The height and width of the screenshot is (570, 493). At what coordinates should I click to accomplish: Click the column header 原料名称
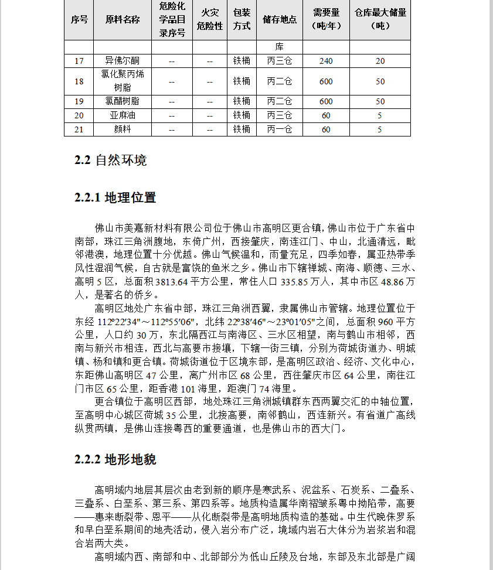[123, 19]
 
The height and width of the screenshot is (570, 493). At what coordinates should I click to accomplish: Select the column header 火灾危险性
[210, 19]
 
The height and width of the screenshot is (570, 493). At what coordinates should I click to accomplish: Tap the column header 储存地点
[280, 19]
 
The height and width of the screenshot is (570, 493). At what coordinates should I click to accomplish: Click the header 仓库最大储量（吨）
[380, 19]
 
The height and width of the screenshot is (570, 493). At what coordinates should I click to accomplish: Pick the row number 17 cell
[79, 61]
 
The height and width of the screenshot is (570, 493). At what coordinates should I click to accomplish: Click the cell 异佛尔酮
[123, 61]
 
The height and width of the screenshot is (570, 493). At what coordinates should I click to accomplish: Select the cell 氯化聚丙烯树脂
[123, 81]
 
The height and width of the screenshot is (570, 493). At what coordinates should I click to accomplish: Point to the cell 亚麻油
[123, 115]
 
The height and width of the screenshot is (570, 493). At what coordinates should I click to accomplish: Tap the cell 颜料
[123, 129]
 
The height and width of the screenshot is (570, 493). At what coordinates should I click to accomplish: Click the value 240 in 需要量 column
[326, 61]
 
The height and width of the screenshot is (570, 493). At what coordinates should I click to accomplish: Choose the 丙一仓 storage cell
[280, 129]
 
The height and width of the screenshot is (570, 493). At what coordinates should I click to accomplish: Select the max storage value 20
[380, 61]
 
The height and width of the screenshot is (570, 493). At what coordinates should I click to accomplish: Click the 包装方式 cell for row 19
[242, 101]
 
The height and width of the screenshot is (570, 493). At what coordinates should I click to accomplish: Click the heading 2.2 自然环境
[111, 160]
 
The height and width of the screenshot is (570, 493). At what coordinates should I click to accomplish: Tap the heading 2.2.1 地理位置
[115, 197]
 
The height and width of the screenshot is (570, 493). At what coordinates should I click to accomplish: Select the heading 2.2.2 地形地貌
[115, 459]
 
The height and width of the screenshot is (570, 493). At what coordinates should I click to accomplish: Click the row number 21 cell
[79, 129]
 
